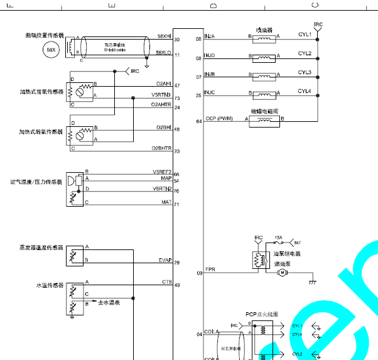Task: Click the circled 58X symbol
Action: pos(51,50)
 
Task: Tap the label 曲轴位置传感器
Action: pos(44,36)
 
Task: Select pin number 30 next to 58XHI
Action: pos(177,40)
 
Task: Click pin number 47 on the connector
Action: pos(177,85)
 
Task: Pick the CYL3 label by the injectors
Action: pos(305,72)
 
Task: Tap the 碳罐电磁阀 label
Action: pos(264,111)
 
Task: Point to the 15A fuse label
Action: pos(278,237)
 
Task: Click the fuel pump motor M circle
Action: pos(282,272)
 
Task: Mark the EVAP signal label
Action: pos(165,259)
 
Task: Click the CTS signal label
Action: pos(167,282)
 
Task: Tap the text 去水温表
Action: pos(108,302)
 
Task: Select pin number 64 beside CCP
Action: pos(198,121)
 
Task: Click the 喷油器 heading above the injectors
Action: pos(264,30)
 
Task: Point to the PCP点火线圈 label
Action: pos(262,314)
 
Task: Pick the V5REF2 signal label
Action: pos(162,172)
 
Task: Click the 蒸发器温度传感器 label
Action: pos(41,248)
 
